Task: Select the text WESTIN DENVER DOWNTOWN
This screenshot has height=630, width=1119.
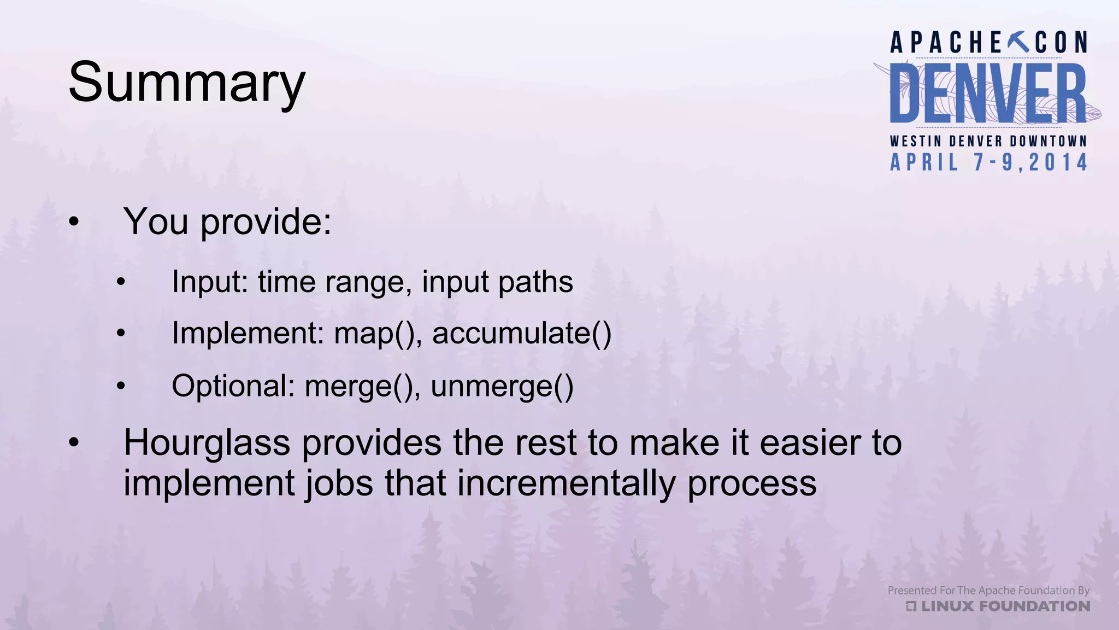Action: coord(988,141)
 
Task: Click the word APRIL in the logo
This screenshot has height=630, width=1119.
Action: coord(924,163)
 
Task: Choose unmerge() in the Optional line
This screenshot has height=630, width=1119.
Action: coord(502,386)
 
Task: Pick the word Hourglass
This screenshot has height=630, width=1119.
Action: coord(207,442)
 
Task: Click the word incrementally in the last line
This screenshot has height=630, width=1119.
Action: coord(566,483)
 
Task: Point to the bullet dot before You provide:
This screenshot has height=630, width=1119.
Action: coord(74,223)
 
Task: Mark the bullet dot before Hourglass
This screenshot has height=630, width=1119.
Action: coord(74,444)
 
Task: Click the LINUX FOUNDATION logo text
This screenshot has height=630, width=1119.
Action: coord(1005,606)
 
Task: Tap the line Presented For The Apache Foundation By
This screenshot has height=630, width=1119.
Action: coord(988,591)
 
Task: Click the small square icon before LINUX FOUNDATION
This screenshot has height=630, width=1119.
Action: coord(911,606)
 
